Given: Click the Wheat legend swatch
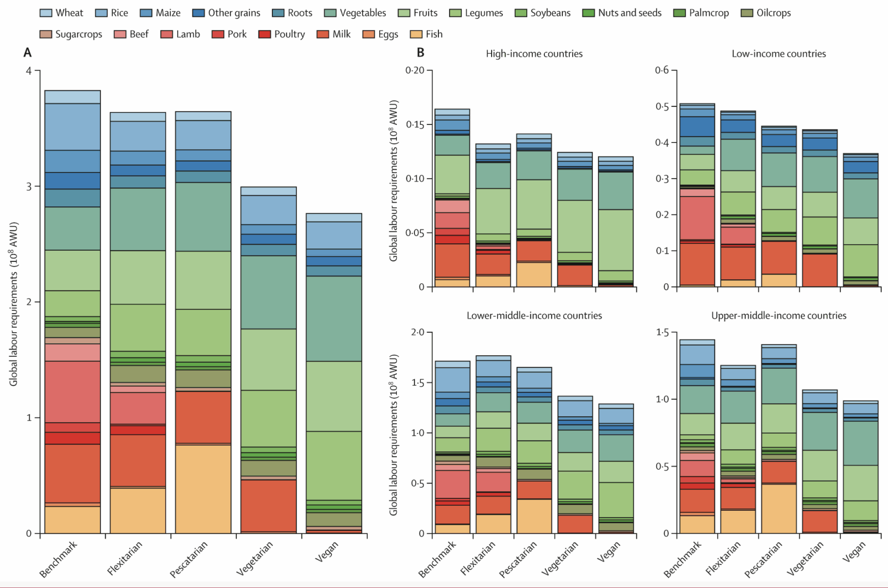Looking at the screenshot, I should [x=46, y=13].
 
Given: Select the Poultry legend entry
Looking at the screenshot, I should [x=282, y=34].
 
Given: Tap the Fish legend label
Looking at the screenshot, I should [x=434, y=34].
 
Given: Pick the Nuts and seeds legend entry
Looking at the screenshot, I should [x=622, y=13].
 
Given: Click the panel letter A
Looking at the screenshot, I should [x=28, y=53].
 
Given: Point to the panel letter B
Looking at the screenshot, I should [x=420, y=53].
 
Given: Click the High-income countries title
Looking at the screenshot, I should [x=534, y=54].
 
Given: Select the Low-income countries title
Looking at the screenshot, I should [x=778, y=54].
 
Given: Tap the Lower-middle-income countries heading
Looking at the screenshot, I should [x=534, y=316].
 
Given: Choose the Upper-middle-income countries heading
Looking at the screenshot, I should [x=778, y=316].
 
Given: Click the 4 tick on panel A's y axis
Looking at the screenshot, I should [x=29, y=71].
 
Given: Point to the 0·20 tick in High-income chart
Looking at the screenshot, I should [x=414, y=70].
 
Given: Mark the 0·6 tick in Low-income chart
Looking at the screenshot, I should [x=661, y=70].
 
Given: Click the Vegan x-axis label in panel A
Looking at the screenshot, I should [x=327, y=552].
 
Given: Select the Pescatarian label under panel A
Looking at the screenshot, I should [x=189, y=560].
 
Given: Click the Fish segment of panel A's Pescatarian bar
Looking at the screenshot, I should [x=203, y=489].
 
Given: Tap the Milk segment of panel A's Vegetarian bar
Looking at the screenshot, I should [x=268, y=505].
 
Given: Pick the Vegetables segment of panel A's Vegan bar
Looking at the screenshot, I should [x=333, y=318].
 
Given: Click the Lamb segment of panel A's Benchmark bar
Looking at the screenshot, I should [x=73, y=391].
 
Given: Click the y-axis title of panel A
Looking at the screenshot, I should [x=13, y=304].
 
